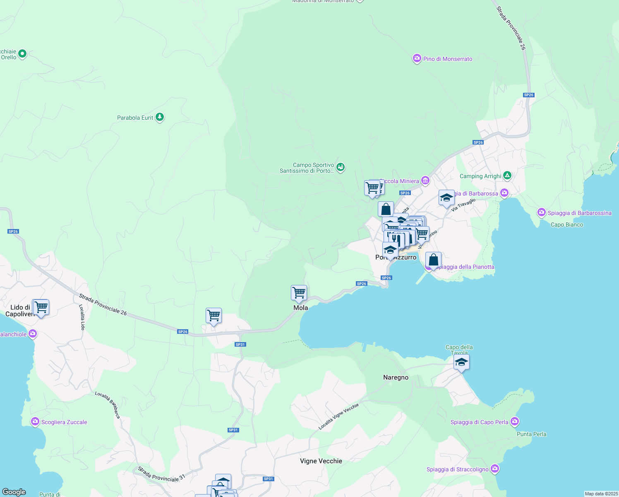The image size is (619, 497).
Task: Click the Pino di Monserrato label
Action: click(447, 59)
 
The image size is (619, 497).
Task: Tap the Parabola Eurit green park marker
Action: click(160, 117)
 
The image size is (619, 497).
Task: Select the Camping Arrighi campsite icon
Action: click(507, 176)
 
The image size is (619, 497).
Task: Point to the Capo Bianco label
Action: click(567, 224)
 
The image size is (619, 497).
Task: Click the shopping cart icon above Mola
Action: click(299, 293)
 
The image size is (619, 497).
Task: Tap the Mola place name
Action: click(300, 308)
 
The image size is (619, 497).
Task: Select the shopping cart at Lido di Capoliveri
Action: click(41, 307)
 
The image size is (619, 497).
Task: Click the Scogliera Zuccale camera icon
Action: click(35, 422)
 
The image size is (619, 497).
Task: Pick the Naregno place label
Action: click(396, 377)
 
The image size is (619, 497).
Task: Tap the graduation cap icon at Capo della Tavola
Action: click(461, 362)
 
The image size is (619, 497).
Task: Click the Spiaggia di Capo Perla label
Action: click(479, 422)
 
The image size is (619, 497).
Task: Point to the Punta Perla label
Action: click(531, 434)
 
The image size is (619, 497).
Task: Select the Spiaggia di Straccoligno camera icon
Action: click(495, 469)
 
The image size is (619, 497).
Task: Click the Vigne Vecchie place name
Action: click(321, 461)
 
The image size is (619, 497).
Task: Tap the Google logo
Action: click(14, 492)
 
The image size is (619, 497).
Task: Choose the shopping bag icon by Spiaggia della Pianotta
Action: click(433, 260)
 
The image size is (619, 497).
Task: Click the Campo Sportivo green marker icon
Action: click(340, 167)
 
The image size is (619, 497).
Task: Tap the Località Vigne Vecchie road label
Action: click(338, 416)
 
